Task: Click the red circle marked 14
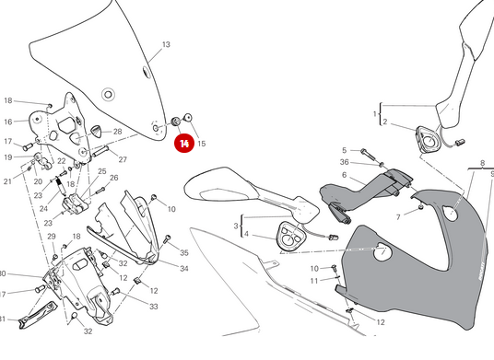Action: pyautogui.click(x=184, y=143)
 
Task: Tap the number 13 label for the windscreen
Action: pyautogui.click(x=167, y=44)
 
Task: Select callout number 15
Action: pyautogui.click(x=202, y=144)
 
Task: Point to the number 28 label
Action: pyautogui.click(x=117, y=132)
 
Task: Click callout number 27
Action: pyautogui.click(x=122, y=159)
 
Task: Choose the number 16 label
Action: pyautogui.click(x=7, y=122)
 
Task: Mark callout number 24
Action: pyautogui.click(x=43, y=208)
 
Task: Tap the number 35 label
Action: pyautogui.click(x=184, y=252)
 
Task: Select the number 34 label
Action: pyautogui.click(x=184, y=269)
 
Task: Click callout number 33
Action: pyautogui.click(x=154, y=307)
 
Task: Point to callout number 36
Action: pyautogui.click(x=344, y=162)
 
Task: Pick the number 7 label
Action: pyautogui.click(x=399, y=217)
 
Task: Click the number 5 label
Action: pyautogui.click(x=344, y=150)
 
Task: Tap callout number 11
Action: pyautogui.click(x=313, y=280)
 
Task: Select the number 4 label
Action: pyautogui.click(x=246, y=235)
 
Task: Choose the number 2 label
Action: pyautogui.click(x=386, y=122)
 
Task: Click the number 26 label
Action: pyautogui.click(x=114, y=178)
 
